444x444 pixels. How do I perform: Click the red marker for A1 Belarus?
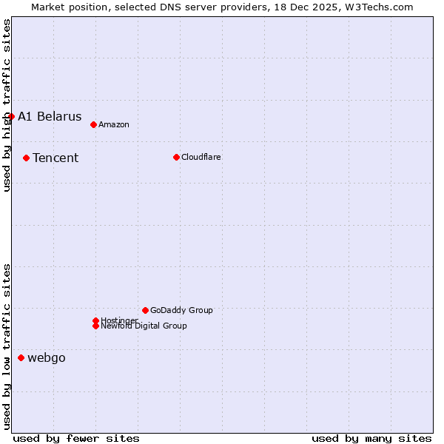(x=11, y=116)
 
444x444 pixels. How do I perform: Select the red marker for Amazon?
(x=93, y=124)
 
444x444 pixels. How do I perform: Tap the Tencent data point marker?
(x=26, y=158)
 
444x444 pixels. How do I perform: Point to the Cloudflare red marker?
(x=176, y=157)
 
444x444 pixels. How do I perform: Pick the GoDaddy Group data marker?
(x=145, y=310)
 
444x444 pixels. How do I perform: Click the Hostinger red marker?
(x=95, y=320)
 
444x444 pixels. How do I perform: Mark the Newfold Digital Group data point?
(x=95, y=326)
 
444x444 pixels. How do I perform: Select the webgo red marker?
(x=21, y=358)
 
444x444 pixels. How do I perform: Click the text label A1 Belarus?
(x=50, y=116)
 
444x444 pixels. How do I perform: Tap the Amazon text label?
(x=114, y=124)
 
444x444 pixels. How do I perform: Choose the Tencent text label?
(x=55, y=158)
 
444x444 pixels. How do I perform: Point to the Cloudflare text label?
(x=201, y=157)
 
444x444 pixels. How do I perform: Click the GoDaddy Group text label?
(x=181, y=310)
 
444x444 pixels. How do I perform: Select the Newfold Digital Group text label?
(x=144, y=326)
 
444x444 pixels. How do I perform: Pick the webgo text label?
(x=47, y=358)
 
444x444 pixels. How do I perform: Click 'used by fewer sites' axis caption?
(x=76, y=438)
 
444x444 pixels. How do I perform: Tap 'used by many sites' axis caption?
(x=371, y=438)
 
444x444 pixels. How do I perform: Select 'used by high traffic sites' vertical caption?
(x=7, y=105)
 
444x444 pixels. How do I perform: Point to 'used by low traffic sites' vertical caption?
(x=7, y=346)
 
